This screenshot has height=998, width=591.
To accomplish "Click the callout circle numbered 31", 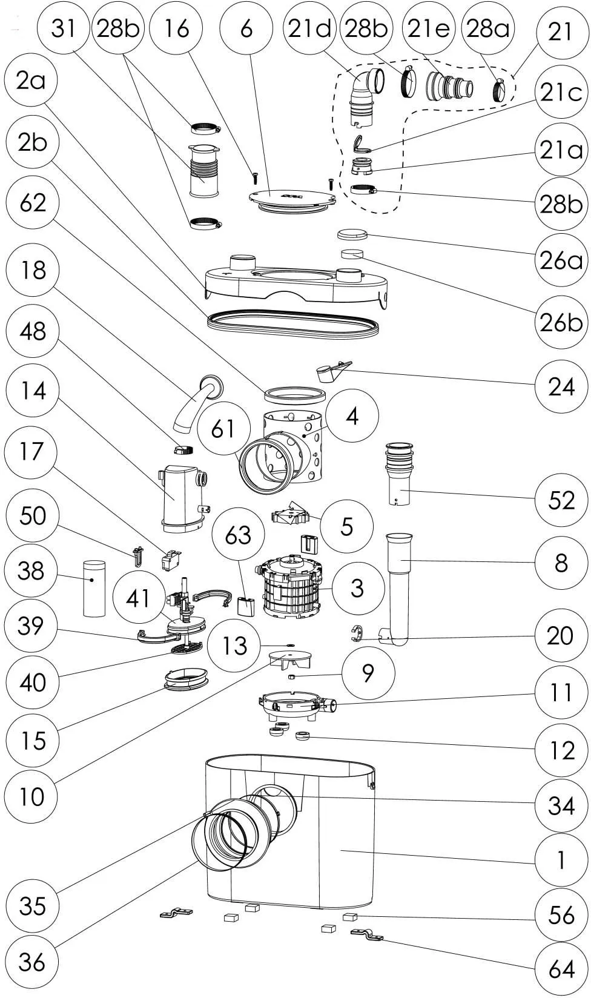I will click(63, 28).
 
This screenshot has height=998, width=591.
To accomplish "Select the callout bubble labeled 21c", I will click(561, 92).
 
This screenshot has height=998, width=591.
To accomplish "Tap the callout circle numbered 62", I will click(33, 202).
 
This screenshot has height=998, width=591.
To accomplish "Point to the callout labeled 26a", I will click(561, 260).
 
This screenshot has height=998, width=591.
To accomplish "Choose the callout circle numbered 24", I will click(561, 386).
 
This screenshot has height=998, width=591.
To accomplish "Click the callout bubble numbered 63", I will click(238, 534).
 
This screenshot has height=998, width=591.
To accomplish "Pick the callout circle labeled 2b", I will click(33, 142).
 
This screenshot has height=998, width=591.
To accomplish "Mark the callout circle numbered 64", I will click(561, 968).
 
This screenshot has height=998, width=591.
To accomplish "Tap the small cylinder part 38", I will click(93, 588).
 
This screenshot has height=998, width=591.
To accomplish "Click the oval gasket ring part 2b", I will click(294, 324).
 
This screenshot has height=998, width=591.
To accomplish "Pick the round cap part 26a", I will click(352, 234).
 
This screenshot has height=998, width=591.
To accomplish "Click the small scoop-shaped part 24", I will click(330, 371).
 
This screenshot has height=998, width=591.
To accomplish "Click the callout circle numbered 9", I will click(368, 672).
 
